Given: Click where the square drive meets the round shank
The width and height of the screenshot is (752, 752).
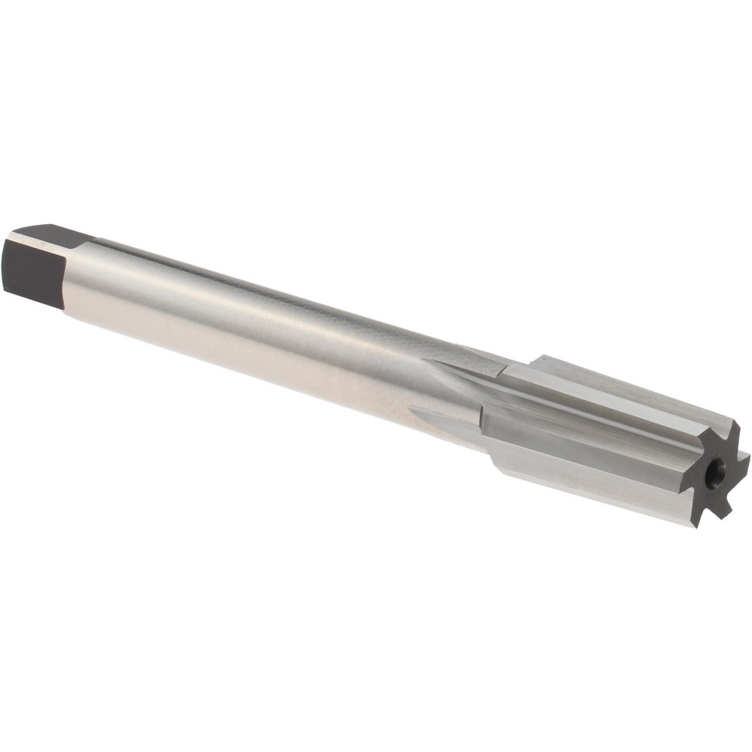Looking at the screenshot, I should coord(71,278).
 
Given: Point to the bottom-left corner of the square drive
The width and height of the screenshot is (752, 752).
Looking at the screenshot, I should coord(6,290).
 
